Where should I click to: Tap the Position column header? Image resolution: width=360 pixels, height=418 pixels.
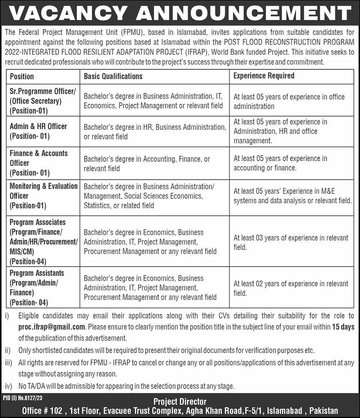pos(22,76)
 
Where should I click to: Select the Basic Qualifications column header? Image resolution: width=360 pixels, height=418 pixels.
pos(113,76)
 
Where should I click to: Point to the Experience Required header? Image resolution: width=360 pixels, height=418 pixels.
pos(264,76)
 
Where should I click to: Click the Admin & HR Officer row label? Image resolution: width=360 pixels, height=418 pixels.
pos(38,131)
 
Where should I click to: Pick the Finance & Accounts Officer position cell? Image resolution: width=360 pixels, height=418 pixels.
pos(38,163)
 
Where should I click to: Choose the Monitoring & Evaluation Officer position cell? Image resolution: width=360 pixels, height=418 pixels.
pos(43,196)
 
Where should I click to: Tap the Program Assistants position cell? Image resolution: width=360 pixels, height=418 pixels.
pos(37,288)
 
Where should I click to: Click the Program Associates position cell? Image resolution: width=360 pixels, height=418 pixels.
pos(43,242)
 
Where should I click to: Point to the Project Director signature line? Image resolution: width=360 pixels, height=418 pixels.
pos(180,402)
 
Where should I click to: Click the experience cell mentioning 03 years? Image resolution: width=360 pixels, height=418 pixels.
pos(290,242)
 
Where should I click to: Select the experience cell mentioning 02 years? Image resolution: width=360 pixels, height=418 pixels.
pos(290,288)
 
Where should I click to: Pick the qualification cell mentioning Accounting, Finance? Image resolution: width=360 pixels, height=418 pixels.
pos(146,164)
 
